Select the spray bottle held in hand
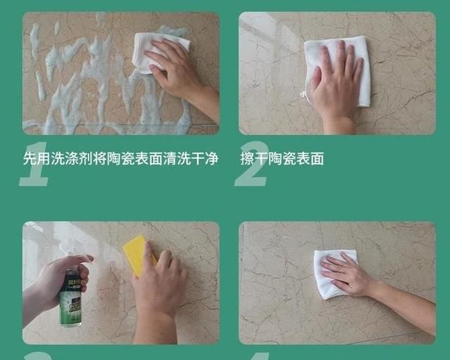click(x=70, y=292)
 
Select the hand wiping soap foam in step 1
click(x=176, y=70)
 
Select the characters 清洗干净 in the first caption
click(x=191, y=159)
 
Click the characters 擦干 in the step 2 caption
click(x=254, y=159)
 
